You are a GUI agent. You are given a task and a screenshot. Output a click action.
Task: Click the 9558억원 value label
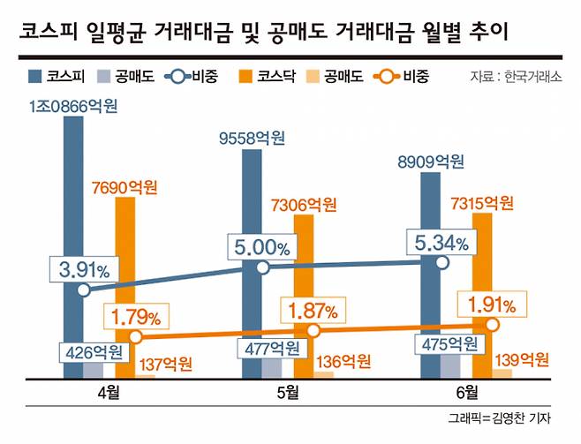252,138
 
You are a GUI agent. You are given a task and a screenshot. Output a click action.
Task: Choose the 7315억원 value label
481,202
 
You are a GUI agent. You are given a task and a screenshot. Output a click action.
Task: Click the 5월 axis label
280,391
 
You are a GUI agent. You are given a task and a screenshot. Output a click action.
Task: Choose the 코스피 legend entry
60,76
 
